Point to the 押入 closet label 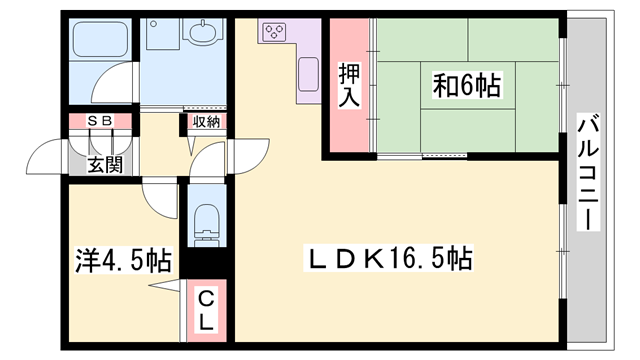pos(348,87)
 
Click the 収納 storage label pos(206,122)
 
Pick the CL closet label pos(205,311)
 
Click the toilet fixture pos(207,224)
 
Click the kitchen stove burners pos(273,33)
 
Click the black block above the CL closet pos(205,265)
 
